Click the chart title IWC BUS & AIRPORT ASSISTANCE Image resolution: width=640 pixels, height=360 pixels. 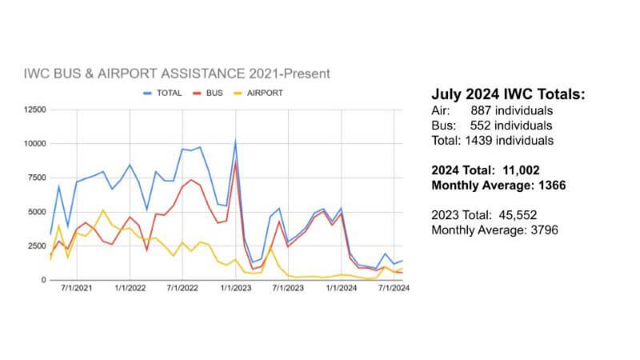coord(176,74)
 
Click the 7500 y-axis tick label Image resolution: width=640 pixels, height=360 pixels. coord(34,178)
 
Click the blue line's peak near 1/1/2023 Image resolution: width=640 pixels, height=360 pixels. coord(235,142)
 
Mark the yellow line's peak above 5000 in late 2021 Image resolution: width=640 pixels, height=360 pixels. coord(102,210)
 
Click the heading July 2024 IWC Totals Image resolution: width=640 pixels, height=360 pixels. coord(508,95)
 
